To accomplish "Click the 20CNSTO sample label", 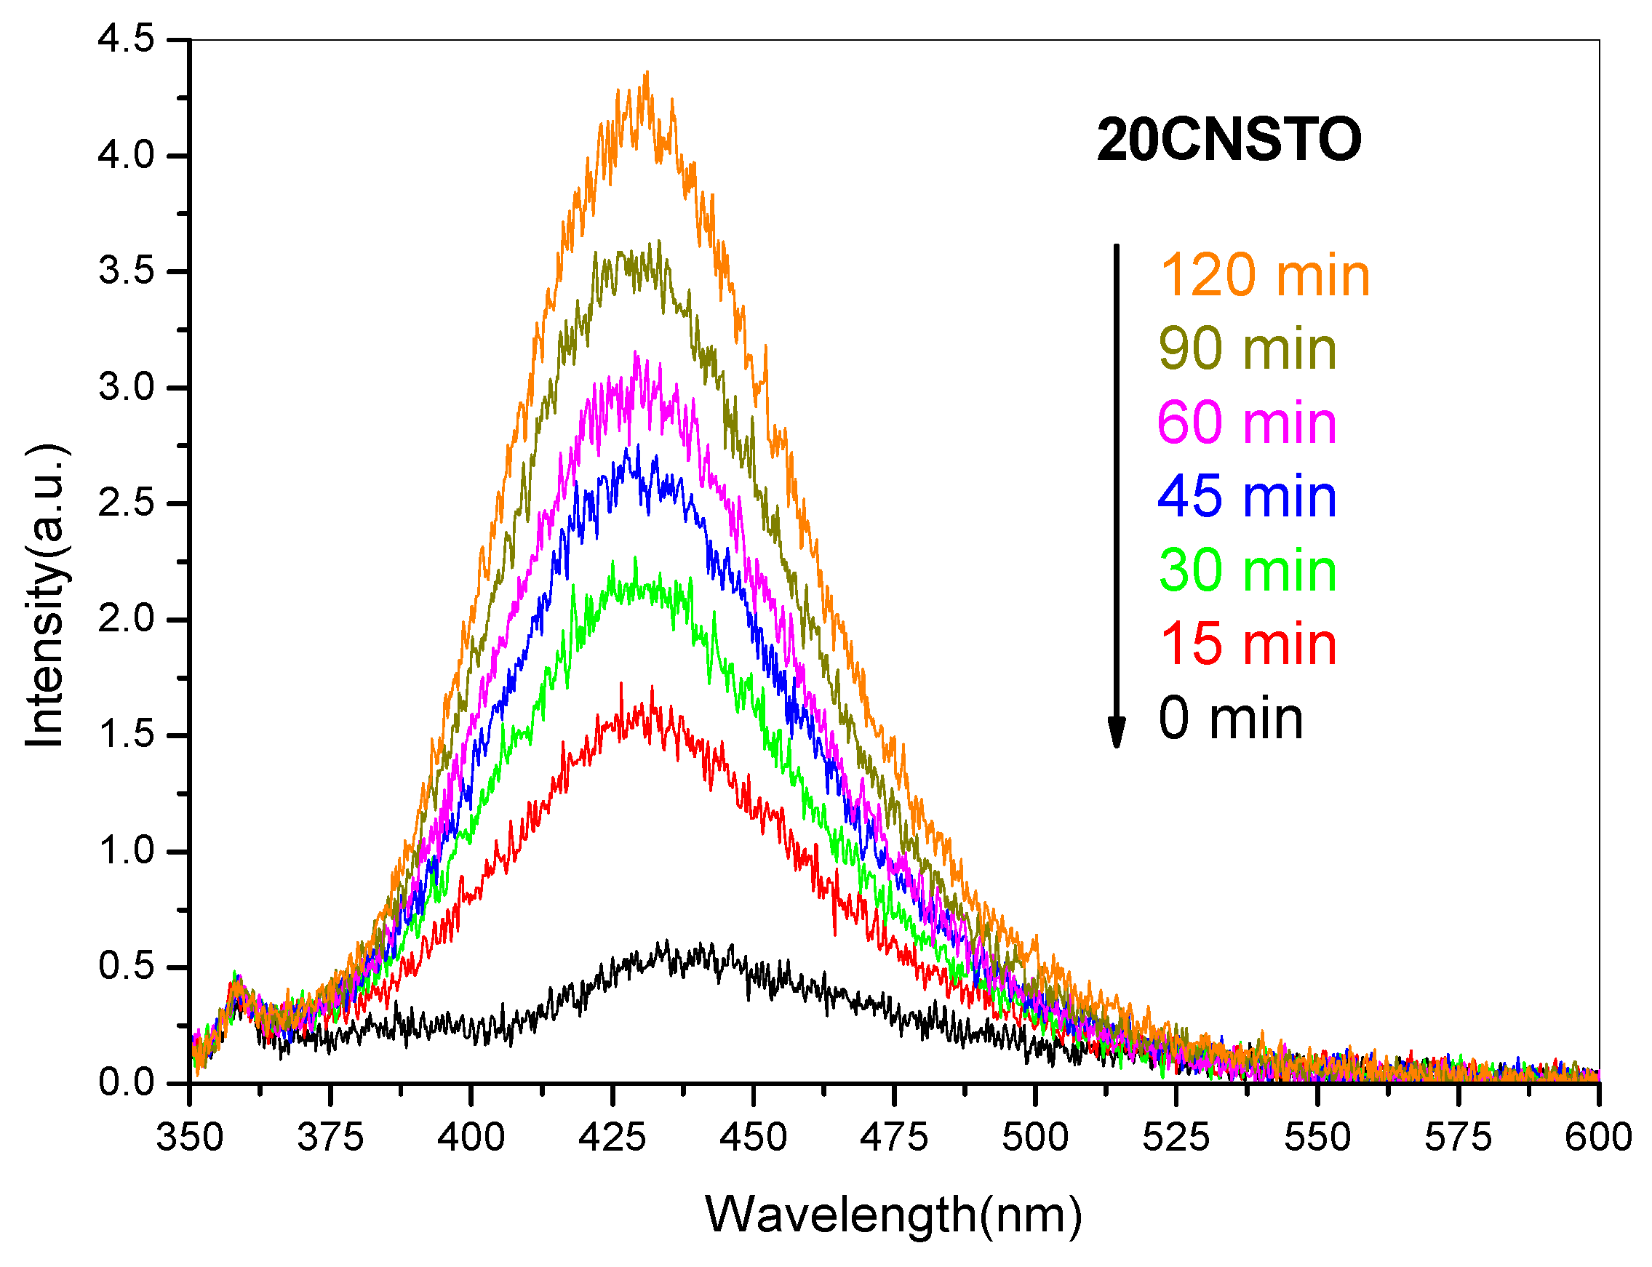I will click(1228, 140).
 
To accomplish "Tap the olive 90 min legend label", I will click(1247, 348).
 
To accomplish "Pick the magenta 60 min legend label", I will click(1246, 423).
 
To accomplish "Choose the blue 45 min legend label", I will click(1246, 496).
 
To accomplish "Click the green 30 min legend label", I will click(1247, 570).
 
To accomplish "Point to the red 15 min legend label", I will click(1248, 644).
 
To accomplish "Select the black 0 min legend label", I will click(1230, 718).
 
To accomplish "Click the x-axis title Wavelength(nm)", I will click(893, 1215).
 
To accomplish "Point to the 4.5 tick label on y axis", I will click(126, 39).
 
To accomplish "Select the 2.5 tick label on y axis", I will click(126, 503).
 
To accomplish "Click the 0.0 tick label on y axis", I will click(126, 1083).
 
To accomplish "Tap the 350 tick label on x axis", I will click(189, 1138).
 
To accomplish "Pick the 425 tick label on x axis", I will click(612, 1138).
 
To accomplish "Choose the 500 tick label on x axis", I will click(1035, 1138).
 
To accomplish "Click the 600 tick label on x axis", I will click(1597, 1138).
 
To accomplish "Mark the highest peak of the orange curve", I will click(647, 73).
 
